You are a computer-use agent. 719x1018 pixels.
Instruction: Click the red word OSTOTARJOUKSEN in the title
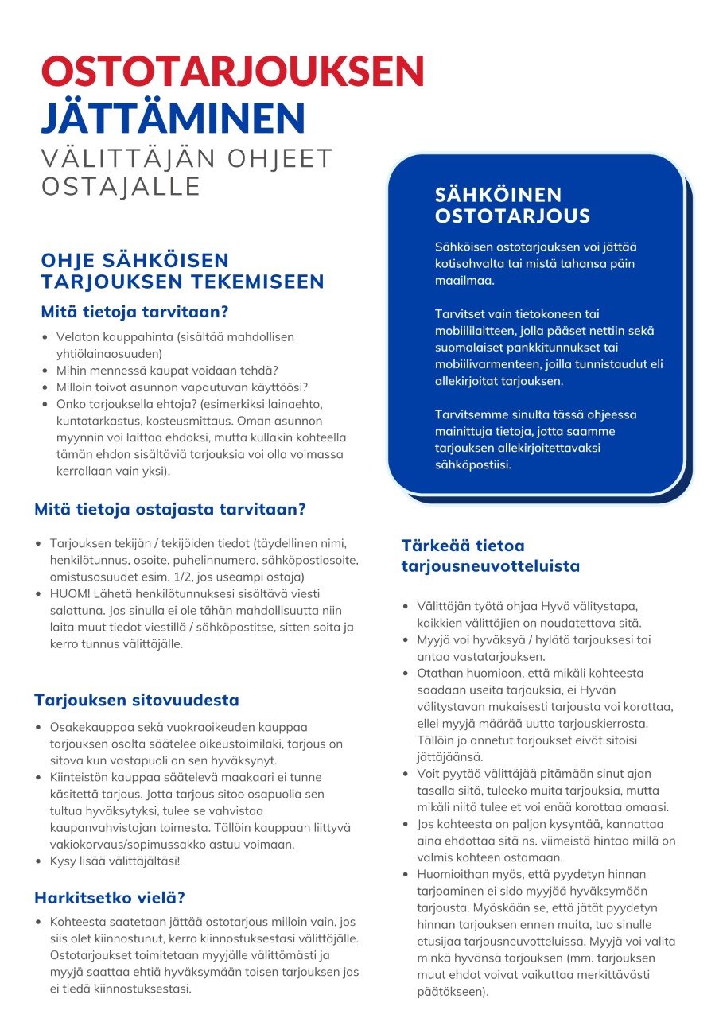[233, 72]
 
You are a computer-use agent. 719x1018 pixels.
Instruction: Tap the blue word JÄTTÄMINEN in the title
[173, 118]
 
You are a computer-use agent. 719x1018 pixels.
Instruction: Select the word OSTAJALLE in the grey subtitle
[121, 187]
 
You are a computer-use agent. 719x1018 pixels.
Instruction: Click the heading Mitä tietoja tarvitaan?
[135, 311]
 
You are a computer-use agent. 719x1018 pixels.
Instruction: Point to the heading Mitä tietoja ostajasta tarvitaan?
[170, 509]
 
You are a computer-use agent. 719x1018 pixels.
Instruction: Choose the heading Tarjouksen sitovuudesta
[136, 700]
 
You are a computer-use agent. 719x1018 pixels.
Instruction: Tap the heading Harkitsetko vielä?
[110, 898]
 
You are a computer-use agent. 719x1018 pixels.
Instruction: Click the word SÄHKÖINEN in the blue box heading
[499, 195]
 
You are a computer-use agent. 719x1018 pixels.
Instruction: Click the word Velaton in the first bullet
[76, 337]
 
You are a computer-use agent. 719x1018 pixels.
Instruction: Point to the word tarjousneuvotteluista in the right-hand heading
[490, 567]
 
